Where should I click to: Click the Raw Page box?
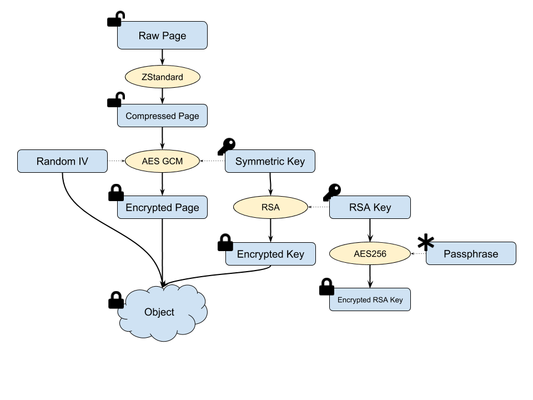point(162,36)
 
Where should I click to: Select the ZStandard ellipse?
point(163,77)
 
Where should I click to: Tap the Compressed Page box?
point(162,116)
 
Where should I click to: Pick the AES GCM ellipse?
point(163,161)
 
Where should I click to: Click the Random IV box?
point(62,161)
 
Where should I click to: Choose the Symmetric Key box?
point(270,161)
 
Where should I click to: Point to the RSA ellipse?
point(270,207)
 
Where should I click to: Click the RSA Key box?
point(370,207)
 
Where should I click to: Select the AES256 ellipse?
point(370,253)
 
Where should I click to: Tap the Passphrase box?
point(471,253)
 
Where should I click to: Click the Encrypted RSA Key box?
point(370,299)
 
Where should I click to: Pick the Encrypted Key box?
point(270,254)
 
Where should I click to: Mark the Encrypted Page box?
point(162,207)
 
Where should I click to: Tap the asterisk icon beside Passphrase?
point(426,242)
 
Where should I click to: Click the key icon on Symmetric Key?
point(227,146)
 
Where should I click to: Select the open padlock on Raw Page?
point(116,19)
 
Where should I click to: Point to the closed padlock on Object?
point(116,300)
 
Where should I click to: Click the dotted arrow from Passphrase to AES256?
point(419,253)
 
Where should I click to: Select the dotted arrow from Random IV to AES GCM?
point(116,161)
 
